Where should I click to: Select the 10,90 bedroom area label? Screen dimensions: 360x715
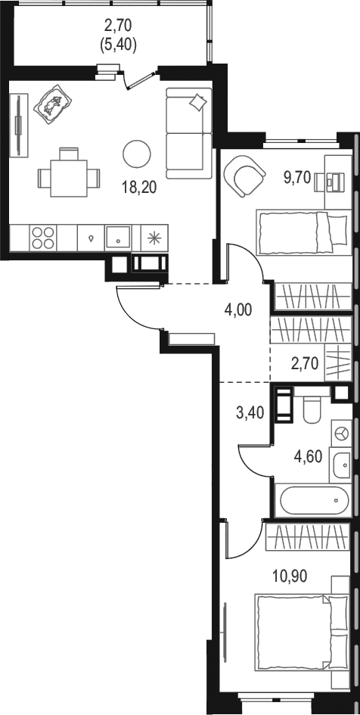pyautogui.click(x=290, y=576)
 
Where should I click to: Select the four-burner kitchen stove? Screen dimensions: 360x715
pyautogui.click(x=43, y=237)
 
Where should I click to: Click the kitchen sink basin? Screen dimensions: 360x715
pyautogui.click(x=118, y=237)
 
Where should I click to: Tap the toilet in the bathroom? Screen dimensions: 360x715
pyautogui.click(x=312, y=409)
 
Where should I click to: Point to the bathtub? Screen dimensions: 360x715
pyautogui.click(x=315, y=500)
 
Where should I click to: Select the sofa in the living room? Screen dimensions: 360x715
pyautogui.click(x=188, y=133)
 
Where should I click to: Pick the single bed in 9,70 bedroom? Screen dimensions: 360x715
pyautogui.click(x=302, y=232)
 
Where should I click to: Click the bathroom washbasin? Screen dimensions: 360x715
pyautogui.click(x=340, y=465)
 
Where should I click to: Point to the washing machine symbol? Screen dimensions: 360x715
pyautogui.click(x=341, y=433)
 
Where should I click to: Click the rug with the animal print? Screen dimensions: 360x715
pyautogui.click(x=54, y=104)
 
